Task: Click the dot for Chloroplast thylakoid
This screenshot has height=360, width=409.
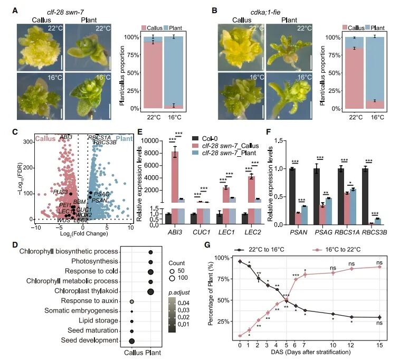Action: pos(151,291)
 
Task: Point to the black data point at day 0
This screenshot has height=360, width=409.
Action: pos(240,261)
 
